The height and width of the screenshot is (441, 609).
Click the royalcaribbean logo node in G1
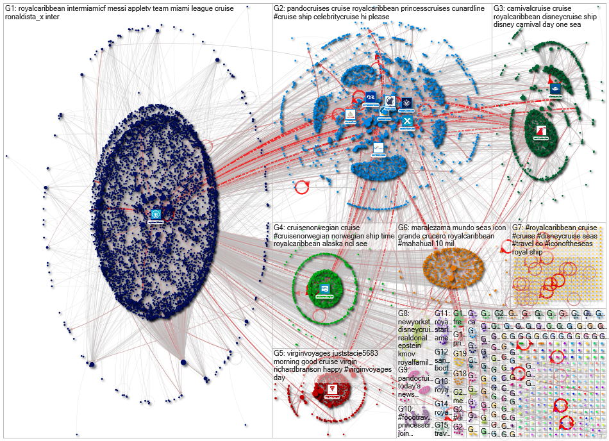[155, 213]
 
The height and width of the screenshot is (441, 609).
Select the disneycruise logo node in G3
[555, 88]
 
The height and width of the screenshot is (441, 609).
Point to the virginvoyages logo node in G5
[332, 389]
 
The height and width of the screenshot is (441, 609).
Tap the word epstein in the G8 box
[410, 345]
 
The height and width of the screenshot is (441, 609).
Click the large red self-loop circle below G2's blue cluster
[301, 187]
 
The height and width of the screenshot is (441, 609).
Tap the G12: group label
[442, 352]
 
